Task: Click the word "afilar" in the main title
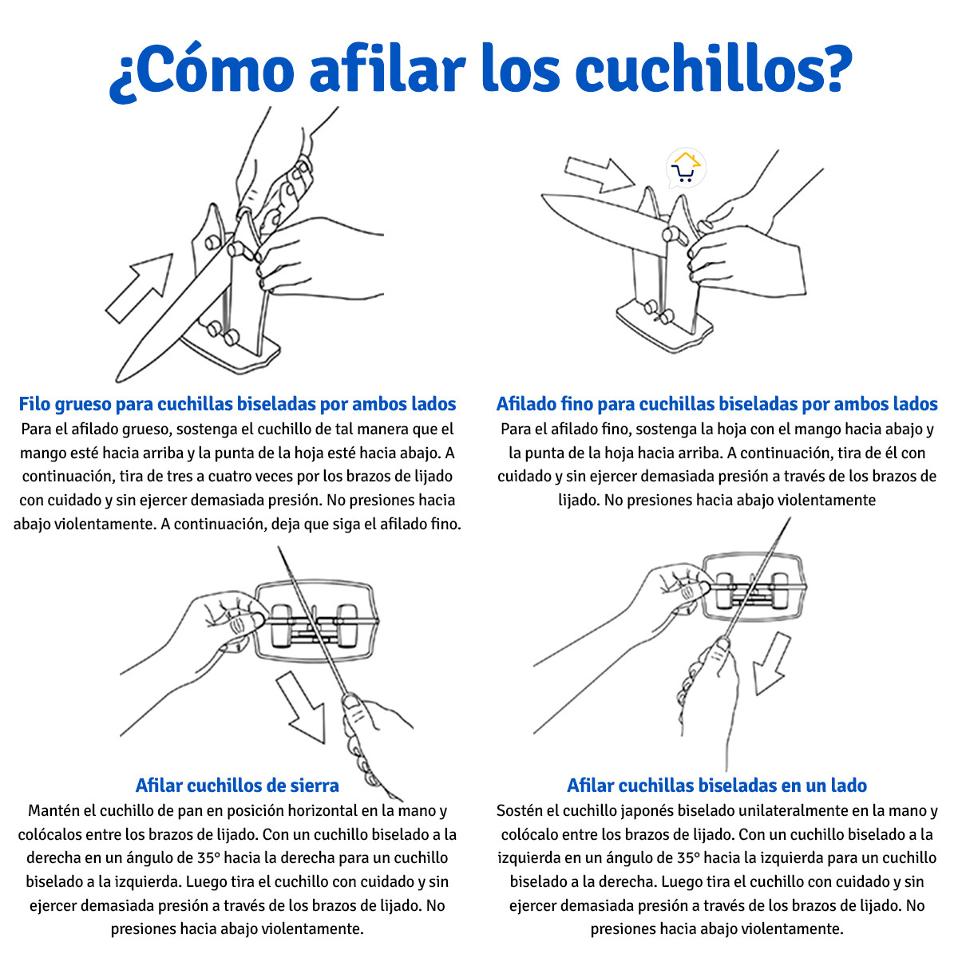tap(387, 68)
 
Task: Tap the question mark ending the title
tap(833, 69)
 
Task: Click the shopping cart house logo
tap(686, 168)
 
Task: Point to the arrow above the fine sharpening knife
tap(600, 175)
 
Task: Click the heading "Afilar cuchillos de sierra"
tap(237, 786)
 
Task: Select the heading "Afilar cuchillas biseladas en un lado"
tap(717, 786)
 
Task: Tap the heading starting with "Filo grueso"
tap(237, 404)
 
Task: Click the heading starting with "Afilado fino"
tap(717, 404)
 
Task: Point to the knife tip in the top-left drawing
tap(118, 380)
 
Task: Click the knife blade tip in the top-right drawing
tap(543, 197)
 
